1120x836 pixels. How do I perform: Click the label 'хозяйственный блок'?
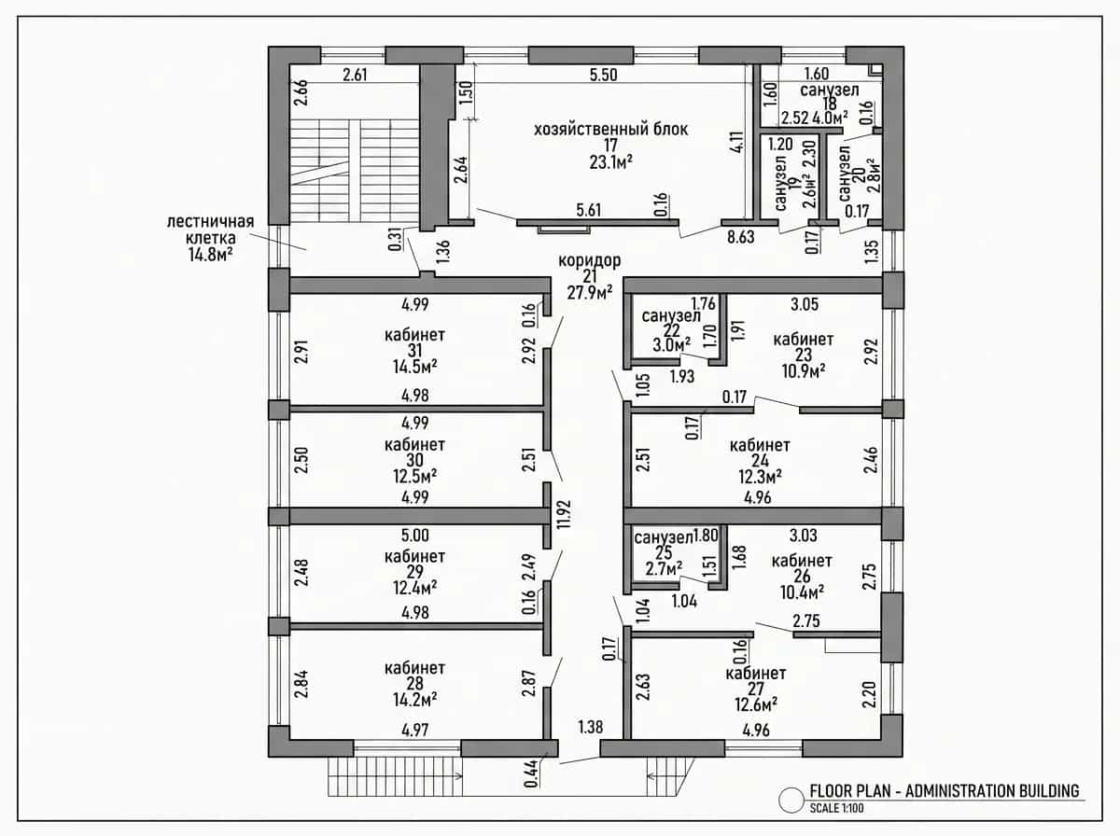[610, 129]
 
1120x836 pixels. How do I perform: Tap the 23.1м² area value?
[611, 162]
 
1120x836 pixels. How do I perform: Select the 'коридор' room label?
[589, 260]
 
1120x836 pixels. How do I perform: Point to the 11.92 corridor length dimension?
[564, 514]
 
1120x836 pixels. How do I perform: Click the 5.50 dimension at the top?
[604, 75]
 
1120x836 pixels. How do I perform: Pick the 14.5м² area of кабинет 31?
[414, 367]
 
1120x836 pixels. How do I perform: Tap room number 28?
[414, 684]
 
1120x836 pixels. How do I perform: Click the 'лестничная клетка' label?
[210, 230]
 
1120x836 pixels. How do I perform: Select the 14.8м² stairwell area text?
[211, 255]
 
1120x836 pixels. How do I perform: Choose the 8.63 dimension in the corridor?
[740, 237]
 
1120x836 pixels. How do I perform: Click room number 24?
[760, 461]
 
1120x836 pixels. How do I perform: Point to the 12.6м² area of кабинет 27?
[756, 704]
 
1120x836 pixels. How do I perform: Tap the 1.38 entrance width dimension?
[591, 726]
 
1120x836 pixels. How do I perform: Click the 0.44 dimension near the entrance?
[531, 773]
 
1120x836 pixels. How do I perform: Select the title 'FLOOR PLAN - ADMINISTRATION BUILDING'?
[945, 791]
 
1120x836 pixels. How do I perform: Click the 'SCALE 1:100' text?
[837, 808]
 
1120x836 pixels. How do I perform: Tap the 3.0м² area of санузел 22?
[672, 345]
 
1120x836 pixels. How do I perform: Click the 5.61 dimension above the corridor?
[588, 210]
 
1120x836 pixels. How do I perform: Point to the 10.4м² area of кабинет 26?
[802, 592]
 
